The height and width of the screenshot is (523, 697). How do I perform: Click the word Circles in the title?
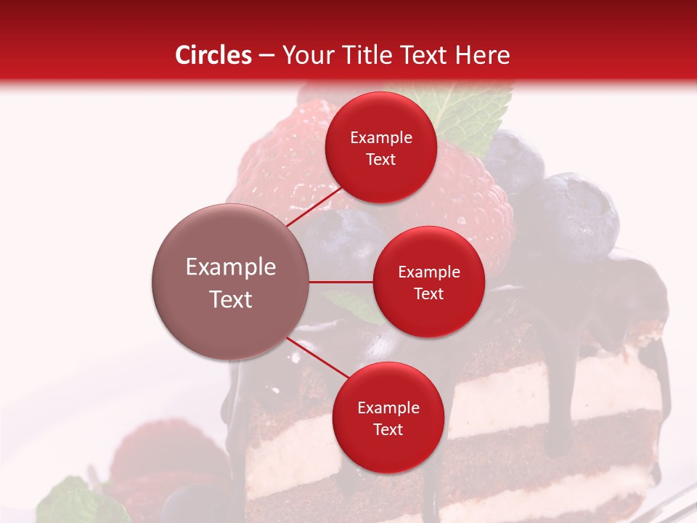click(x=213, y=55)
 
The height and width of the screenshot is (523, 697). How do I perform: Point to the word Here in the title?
click(x=483, y=55)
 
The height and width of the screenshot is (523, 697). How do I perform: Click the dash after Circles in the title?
click(x=266, y=56)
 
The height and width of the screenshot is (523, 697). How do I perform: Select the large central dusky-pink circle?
click(x=231, y=282)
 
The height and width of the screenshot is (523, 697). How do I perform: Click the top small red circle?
click(x=380, y=147)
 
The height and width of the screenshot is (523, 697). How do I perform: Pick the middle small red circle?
click(x=428, y=282)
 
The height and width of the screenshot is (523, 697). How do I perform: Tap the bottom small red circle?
click(x=388, y=418)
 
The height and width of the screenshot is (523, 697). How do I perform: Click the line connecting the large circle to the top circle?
click(x=314, y=208)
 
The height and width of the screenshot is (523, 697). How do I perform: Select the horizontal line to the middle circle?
click(x=341, y=282)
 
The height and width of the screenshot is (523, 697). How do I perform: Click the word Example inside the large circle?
click(x=231, y=267)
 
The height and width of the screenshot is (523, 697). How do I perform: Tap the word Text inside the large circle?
click(x=231, y=299)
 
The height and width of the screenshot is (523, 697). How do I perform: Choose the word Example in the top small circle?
click(x=381, y=138)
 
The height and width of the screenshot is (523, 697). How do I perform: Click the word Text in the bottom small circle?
click(x=388, y=429)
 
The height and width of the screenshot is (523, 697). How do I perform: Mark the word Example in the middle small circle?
click(x=429, y=272)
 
